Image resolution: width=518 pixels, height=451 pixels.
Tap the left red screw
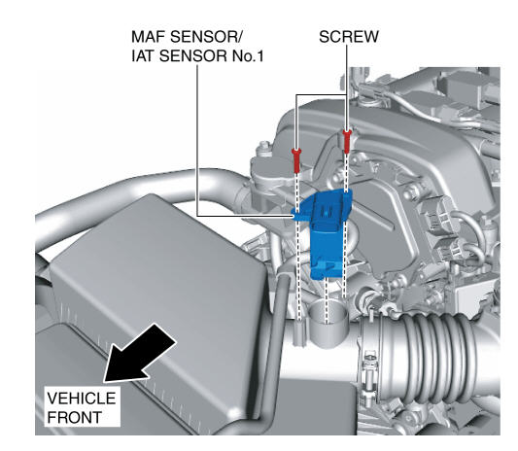coord(296,160)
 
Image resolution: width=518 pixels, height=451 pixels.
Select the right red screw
coord(346,141)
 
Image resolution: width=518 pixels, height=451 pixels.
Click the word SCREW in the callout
coord(349,37)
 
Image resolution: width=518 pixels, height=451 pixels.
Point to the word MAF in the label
coord(148,37)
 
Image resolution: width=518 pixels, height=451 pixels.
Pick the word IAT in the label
coord(143,56)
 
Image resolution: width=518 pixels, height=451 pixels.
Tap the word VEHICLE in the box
coord(82,399)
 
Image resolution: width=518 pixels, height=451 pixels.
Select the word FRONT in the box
coord(74,417)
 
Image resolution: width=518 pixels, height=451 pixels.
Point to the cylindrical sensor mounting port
coord(328,326)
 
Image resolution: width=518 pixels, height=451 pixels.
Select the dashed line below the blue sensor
coord(327,300)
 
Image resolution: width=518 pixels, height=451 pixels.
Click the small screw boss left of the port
coord(299,332)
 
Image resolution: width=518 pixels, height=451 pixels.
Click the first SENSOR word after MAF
coord(202,37)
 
